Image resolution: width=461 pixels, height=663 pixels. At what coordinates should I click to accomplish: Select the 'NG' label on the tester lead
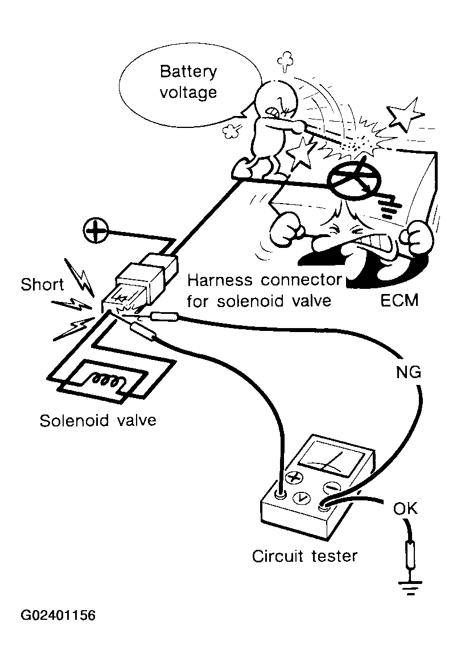(x=408, y=372)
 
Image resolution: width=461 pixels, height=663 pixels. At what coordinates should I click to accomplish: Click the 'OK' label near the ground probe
(x=405, y=508)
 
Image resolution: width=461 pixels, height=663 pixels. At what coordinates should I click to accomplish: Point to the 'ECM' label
(x=399, y=300)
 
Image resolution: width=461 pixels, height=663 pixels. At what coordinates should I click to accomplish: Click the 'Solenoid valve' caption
(x=98, y=421)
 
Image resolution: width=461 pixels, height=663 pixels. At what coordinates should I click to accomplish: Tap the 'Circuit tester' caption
(x=305, y=555)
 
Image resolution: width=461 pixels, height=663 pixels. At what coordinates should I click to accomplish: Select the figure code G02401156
(x=58, y=615)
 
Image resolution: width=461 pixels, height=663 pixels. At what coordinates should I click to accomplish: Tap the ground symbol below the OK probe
(x=409, y=589)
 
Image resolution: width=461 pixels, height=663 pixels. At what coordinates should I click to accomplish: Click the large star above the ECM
(x=405, y=116)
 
